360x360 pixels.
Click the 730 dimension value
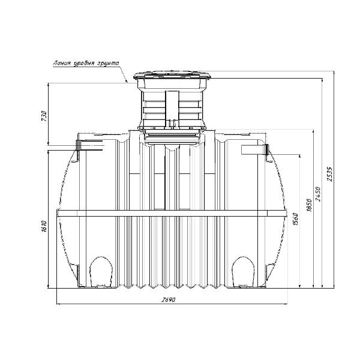pyautogui.click(x=44, y=116)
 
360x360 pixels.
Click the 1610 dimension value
pyautogui.click(x=44, y=226)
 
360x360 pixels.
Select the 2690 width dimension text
pyautogui.click(x=168, y=300)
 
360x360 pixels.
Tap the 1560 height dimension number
pyautogui.click(x=296, y=219)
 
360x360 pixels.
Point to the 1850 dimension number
pyautogui.click(x=309, y=205)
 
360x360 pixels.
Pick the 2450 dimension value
pyautogui.click(x=318, y=194)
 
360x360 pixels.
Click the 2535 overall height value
pyautogui.click(x=330, y=174)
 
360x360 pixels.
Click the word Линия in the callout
pyautogui.click(x=61, y=63)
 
